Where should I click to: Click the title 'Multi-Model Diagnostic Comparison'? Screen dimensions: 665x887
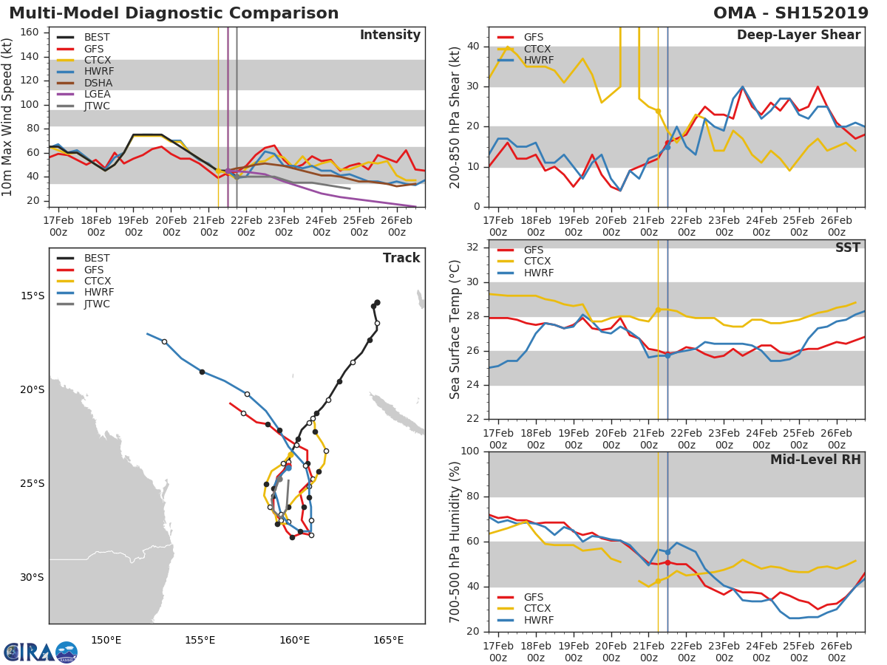click(174, 14)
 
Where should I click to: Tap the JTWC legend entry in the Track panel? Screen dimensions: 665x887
click(97, 304)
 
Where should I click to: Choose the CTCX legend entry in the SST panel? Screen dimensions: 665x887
click(537, 262)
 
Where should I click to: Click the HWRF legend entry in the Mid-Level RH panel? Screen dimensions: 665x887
click(538, 620)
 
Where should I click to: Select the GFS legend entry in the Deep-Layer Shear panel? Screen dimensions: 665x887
click(533, 37)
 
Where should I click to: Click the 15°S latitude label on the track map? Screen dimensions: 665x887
click(32, 296)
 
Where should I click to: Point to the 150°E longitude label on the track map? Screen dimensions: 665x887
click(106, 640)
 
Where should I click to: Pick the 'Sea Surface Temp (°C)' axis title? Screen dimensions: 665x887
click(456, 328)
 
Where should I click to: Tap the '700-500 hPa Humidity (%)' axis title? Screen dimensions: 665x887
click(456, 542)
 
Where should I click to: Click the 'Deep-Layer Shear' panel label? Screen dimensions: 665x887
click(798, 35)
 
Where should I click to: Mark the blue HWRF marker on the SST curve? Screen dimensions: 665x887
click(667, 355)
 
